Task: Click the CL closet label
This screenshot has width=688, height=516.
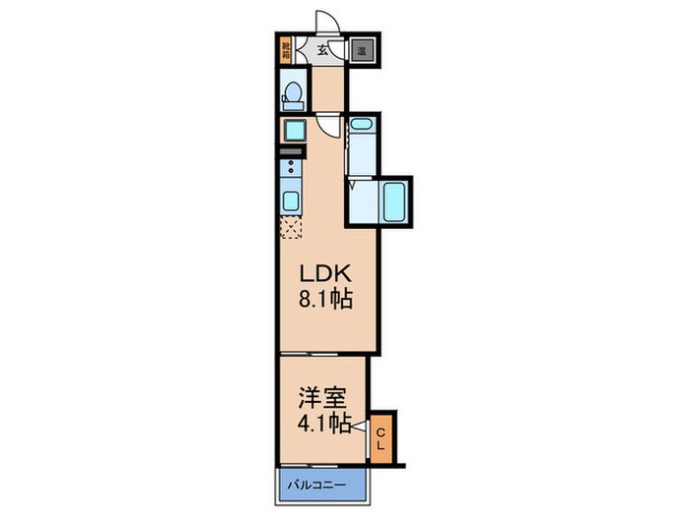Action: [x=381, y=434]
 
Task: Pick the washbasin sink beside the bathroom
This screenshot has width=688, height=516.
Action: [x=360, y=128]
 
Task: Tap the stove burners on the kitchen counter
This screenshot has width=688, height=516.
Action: [x=292, y=170]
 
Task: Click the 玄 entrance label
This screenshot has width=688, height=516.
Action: [x=322, y=50]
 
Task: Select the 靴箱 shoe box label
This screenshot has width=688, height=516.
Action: [x=286, y=50]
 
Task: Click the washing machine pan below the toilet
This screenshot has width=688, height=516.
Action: [x=293, y=130]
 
